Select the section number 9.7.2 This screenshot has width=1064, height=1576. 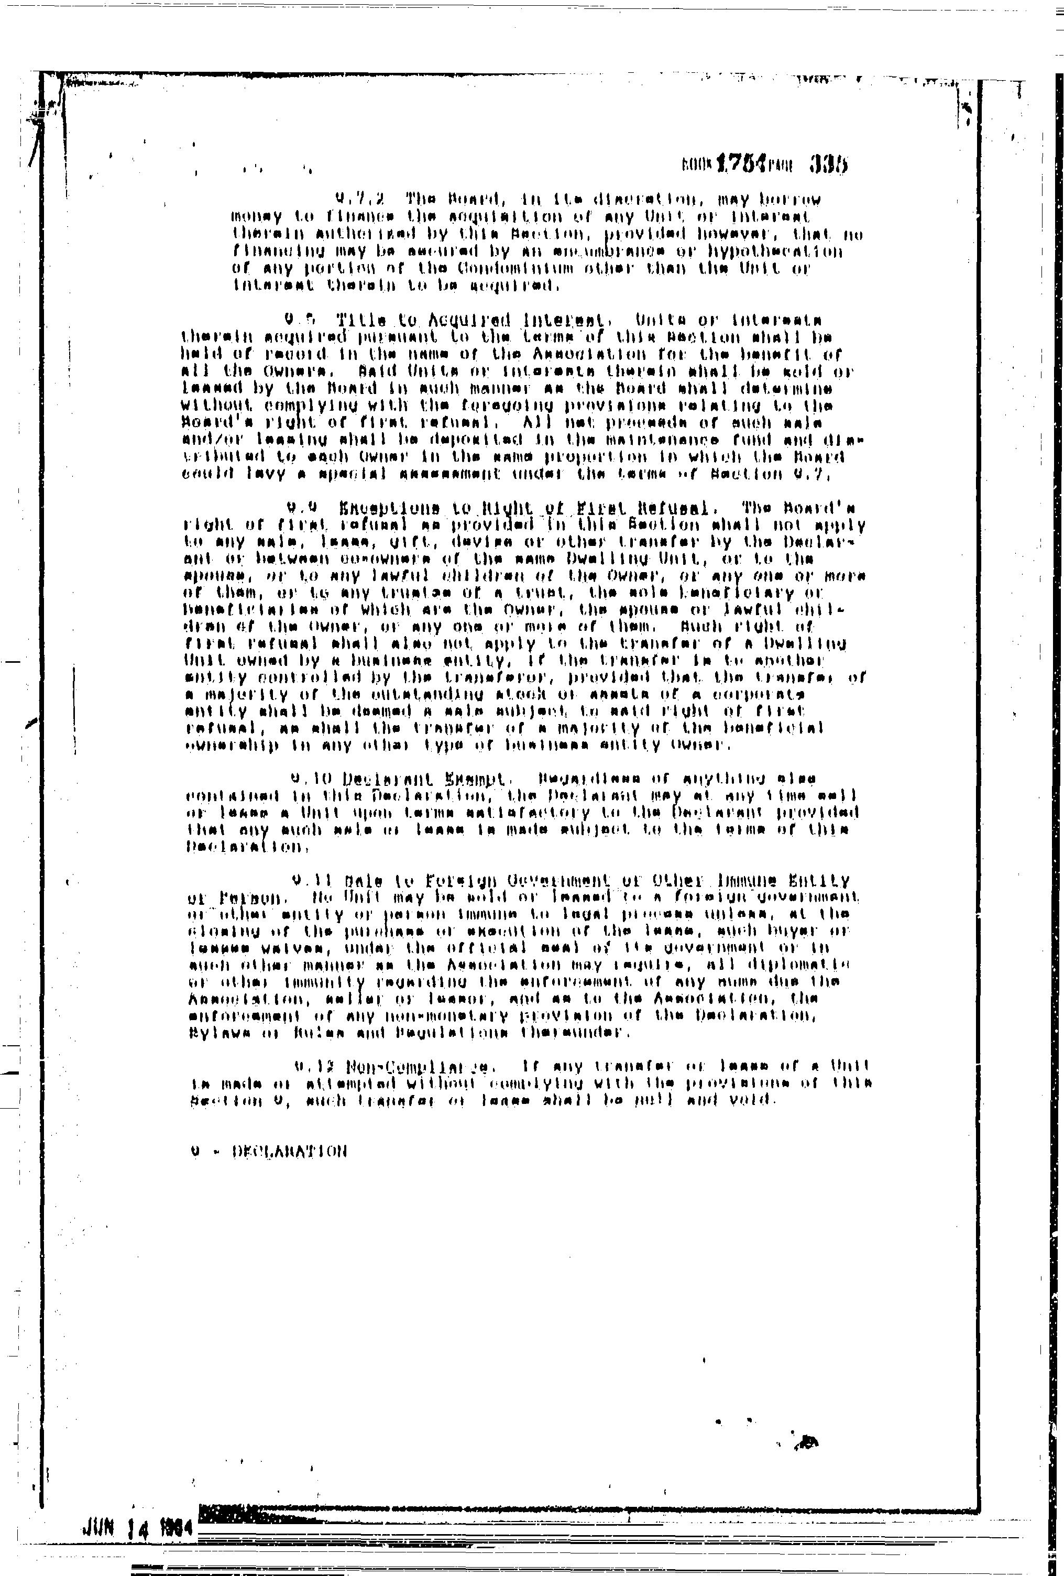(359, 200)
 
